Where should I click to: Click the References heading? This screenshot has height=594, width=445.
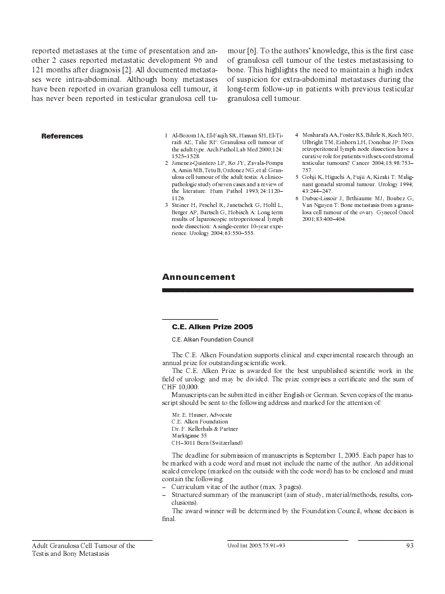click(x=62, y=136)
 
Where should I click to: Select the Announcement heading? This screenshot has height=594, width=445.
click(x=199, y=277)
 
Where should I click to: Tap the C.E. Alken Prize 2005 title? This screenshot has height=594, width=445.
click(x=212, y=326)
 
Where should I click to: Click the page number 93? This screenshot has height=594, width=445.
click(x=410, y=546)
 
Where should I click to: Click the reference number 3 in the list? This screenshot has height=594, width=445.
click(x=166, y=205)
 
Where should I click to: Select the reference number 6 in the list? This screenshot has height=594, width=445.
click(x=297, y=198)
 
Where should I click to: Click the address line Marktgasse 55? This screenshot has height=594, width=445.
click(x=189, y=435)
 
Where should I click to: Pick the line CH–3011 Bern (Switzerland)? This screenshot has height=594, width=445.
click(x=207, y=443)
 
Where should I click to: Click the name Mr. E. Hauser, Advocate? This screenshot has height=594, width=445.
click(x=202, y=415)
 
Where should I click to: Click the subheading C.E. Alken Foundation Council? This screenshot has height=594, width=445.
click(x=212, y=339)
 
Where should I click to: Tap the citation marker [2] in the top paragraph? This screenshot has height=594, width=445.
click(x=127, y=70)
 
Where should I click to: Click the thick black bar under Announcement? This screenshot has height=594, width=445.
click(x=287, y=290)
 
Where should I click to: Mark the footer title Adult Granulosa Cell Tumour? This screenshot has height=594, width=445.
click(x=83, y=546)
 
